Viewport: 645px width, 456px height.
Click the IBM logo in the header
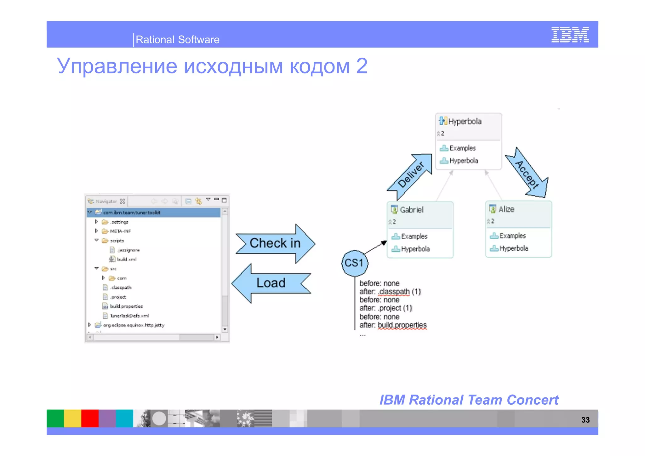coord(570,35)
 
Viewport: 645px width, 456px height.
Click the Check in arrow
coord(275,243)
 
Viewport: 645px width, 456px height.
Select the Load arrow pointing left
coord(271,283)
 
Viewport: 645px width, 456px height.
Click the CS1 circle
coord(354,263)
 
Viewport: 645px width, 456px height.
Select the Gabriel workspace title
coord(411,210)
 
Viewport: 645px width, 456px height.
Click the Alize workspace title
coord(506,209)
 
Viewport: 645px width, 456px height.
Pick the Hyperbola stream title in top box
coord(465,122)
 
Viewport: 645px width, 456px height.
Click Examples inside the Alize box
coord(512,236)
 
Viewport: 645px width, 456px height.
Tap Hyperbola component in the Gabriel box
coord(415,249)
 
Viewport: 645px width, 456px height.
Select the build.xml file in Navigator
coord(126,259)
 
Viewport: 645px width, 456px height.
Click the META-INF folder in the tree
coord(120,231)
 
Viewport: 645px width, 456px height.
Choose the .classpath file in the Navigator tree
coord(121,288)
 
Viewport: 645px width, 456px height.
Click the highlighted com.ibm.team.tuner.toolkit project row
coord(132,213)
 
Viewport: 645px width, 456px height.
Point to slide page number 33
coord(585,420)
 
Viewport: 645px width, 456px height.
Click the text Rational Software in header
coord(177,40)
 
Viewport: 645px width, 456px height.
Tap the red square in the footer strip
coord(90,418)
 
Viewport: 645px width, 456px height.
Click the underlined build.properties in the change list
coord(402,325)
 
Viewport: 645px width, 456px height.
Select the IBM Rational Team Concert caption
coord(469,400)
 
